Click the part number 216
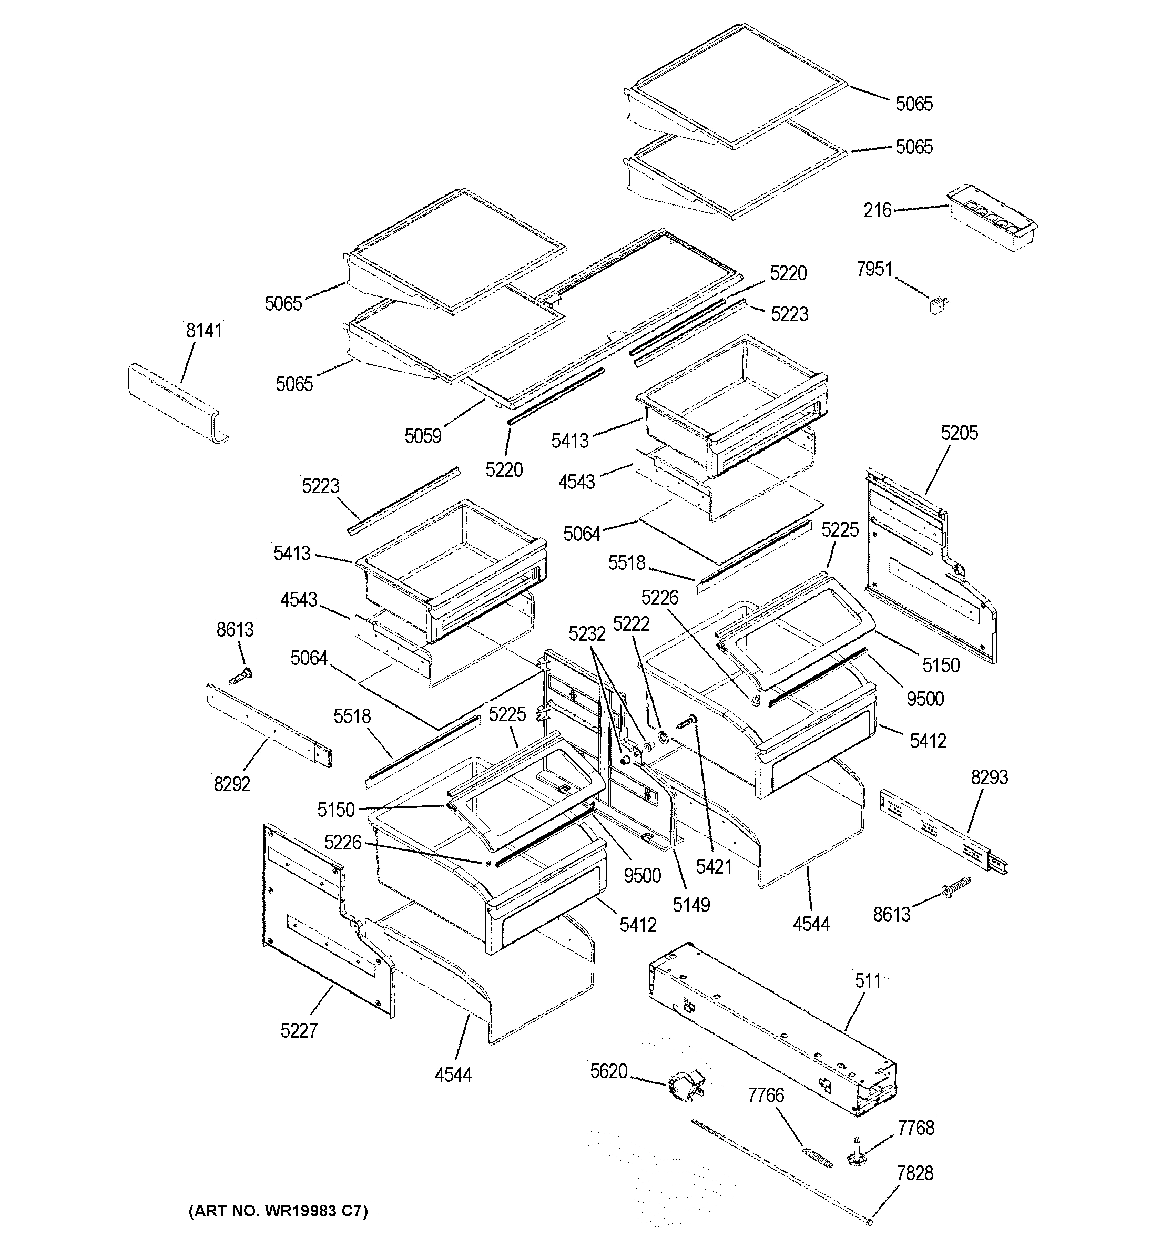[x=877, y=210]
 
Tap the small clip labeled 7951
[x=939, y=306]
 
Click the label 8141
[x=203, y=331]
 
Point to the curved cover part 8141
[x=176, y=402]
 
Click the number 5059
[x=422, y=436]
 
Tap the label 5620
[x=608, y=1071]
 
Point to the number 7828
[x=914, y=1173]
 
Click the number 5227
[x=299, y=1030]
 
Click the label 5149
[x=691, y=905]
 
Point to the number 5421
[x=714, y=867]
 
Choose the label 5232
[x=586, y=634]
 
